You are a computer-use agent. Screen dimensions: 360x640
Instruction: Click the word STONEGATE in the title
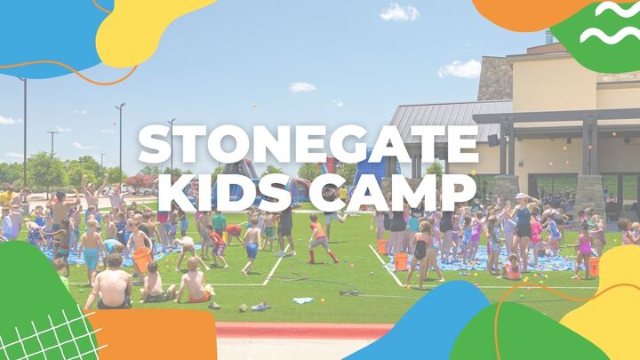pos(308,145)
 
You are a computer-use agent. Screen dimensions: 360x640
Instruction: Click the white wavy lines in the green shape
pos(609,23)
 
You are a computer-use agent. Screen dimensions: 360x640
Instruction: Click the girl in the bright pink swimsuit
pos(583,244)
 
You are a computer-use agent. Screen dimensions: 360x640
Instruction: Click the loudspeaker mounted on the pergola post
pos(492,140)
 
